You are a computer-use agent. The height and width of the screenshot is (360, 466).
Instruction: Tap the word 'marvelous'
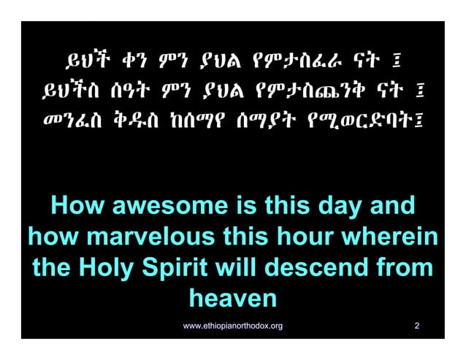[150, 238]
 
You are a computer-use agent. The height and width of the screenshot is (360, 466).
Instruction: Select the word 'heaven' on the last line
[233, 299]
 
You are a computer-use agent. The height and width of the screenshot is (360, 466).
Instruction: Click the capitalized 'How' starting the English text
[77, 207]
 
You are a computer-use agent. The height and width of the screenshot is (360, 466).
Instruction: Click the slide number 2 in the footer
[416, 324]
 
